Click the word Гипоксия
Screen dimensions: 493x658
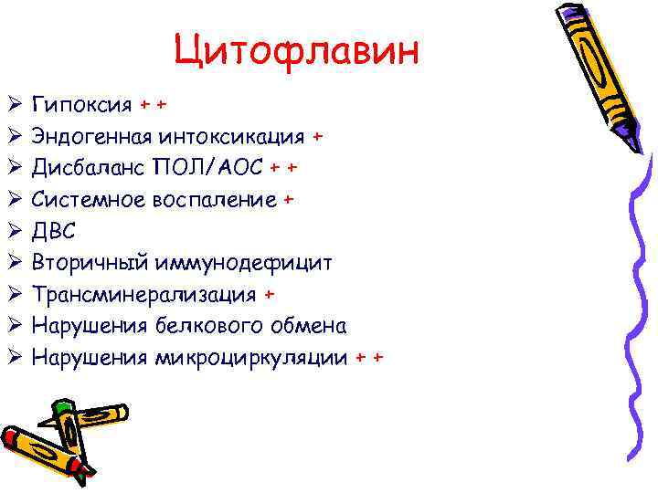click(82, 105)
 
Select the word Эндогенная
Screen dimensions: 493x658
click(92, 137)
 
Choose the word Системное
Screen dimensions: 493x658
click(89, 200)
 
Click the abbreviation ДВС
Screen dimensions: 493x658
click(54, 231)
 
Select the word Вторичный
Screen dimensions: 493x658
click(90, 263)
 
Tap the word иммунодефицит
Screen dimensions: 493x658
click(245, 263)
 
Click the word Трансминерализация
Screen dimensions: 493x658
click(144, 294)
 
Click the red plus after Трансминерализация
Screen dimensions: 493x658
click(269, 294)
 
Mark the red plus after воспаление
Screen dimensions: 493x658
click(289, 200)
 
